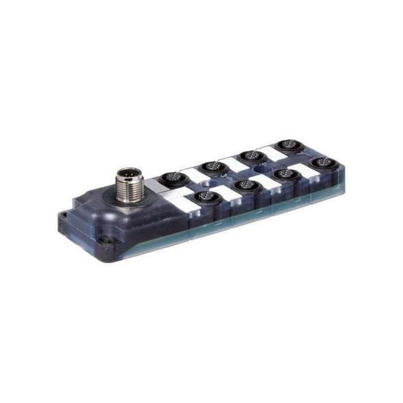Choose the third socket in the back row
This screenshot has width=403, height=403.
(249, 155)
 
